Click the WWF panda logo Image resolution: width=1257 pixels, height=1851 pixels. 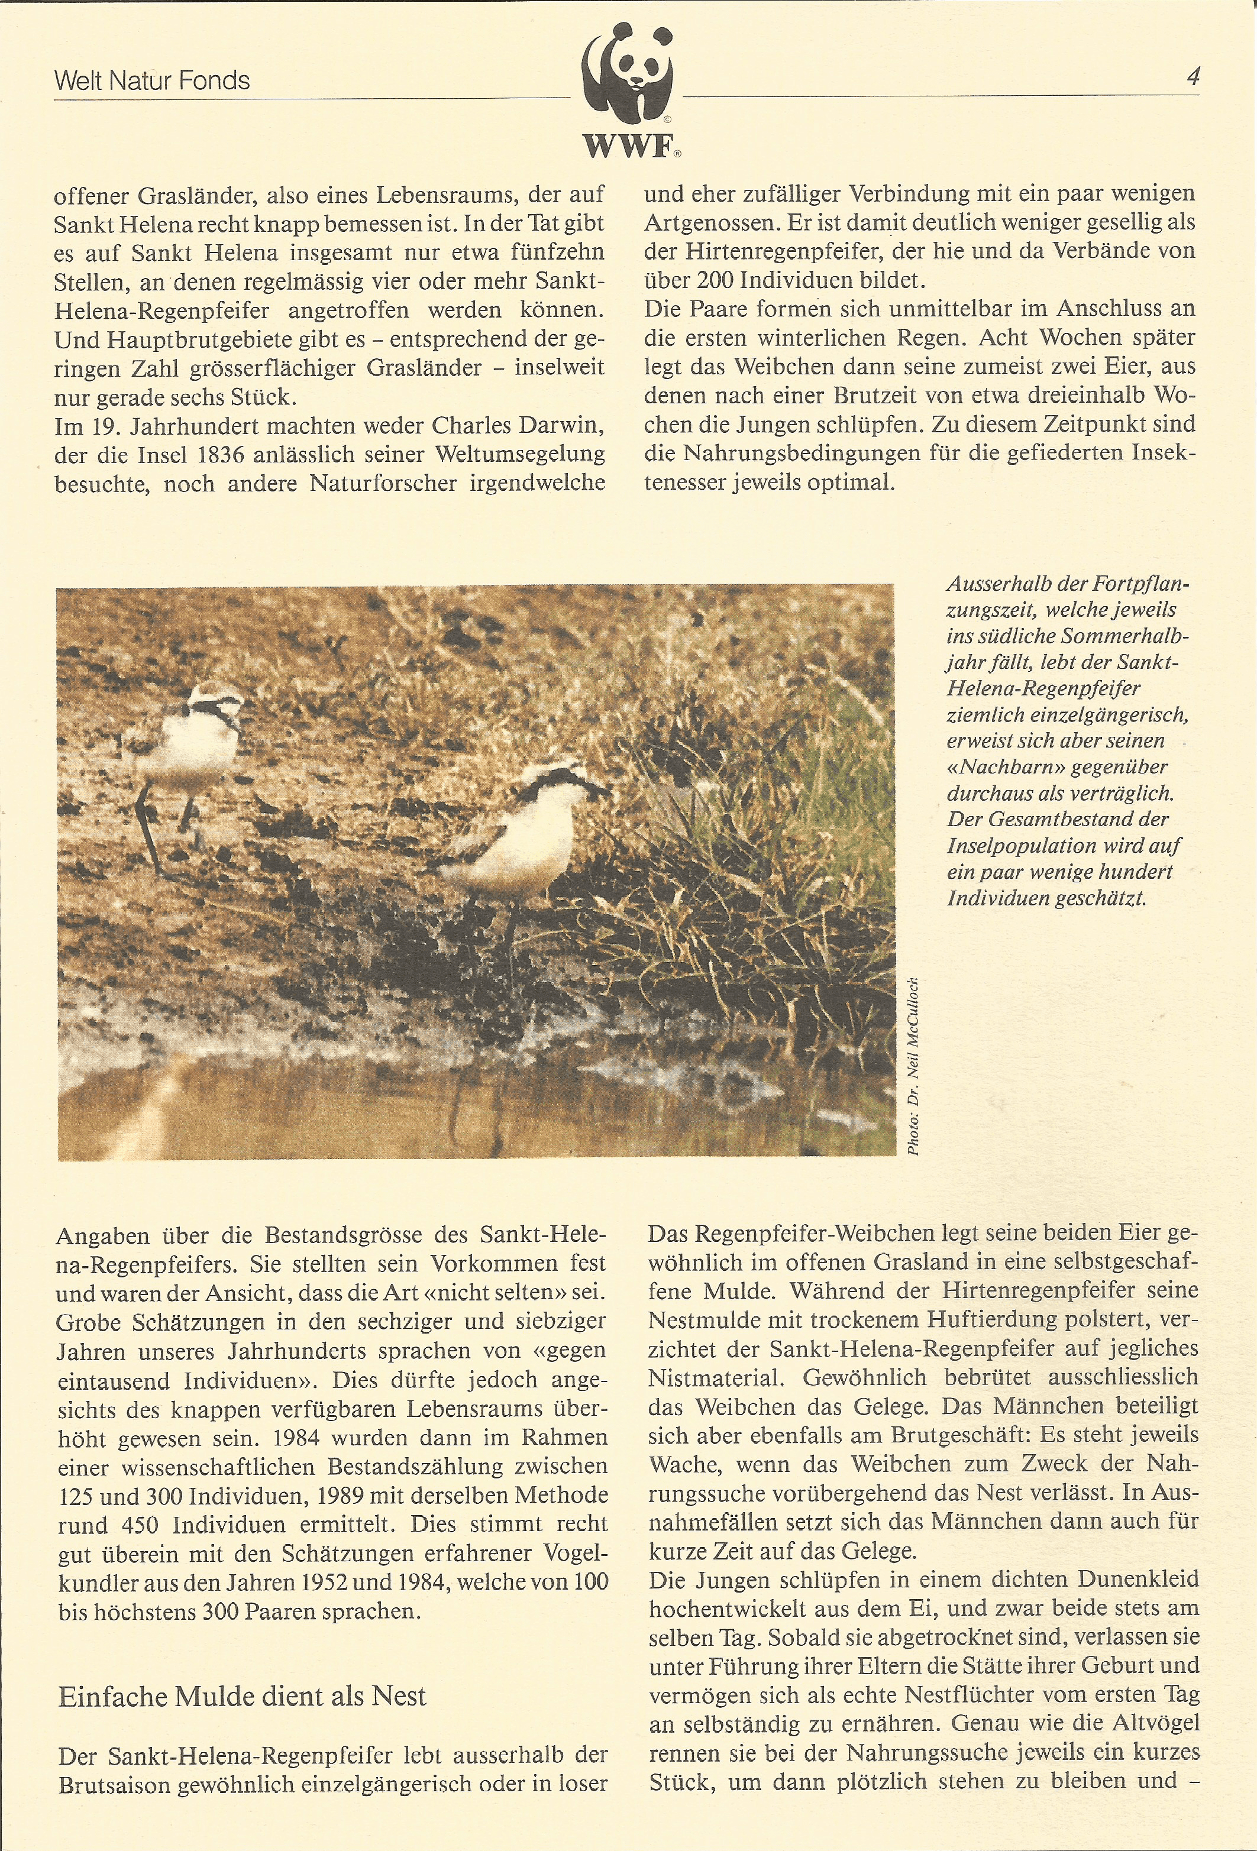click(628, 85)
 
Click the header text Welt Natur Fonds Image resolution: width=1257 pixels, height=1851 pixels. click(151, 80)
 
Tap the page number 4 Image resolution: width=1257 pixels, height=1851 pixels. click(1193, 77)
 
